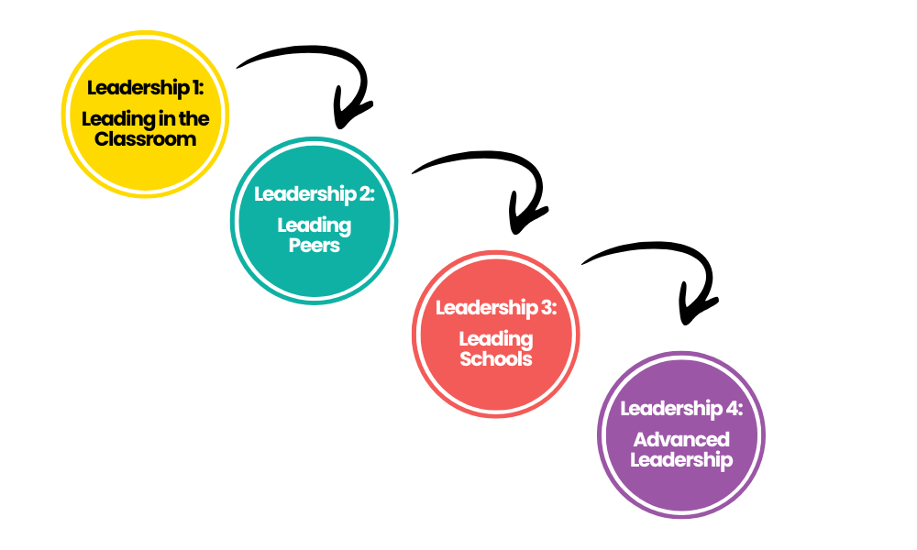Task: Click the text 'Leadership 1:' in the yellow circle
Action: coord(144,88)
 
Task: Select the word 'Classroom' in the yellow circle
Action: coord(145,139)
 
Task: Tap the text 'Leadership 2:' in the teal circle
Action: coord(314,194)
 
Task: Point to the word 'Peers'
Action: coord(314,245)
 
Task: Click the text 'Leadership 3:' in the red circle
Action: coord(495,308)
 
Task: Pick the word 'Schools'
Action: coord(495,358)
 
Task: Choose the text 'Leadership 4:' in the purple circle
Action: coord(680,409)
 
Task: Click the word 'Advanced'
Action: coord(680,439)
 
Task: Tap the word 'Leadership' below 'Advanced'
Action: coord(680,459)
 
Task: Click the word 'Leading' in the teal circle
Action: coord(314,225)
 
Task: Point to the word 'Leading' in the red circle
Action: coord(495,339)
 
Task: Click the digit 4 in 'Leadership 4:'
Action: coord(732,409)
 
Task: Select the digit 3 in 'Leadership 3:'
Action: coord(546,308)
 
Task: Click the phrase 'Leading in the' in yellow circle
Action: coord(145,119)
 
